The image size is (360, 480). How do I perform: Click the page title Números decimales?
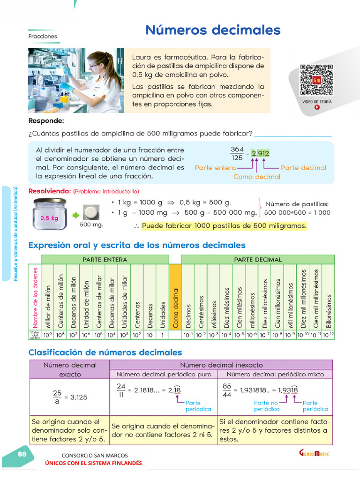click(x=213, y=30)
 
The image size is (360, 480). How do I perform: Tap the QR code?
click(x=317, y=80)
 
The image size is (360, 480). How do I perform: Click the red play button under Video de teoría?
click(x=317, y=107)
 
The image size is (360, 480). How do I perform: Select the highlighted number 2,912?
click(x=260, y=153)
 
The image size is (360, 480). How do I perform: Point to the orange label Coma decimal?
click(x=256, y=177)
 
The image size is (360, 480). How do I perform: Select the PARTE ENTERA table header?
click(x=105, y=259)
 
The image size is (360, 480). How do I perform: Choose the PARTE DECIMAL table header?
click(x=258, y=259)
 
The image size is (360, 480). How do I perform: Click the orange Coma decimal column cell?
click(x=175, y=296)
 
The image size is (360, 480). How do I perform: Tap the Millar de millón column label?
click(x=47, y=305)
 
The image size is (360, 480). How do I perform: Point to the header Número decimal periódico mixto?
click(x=275, y=374)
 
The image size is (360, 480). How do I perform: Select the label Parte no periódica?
click(x=266, y=406)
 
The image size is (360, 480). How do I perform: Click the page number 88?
click(x=22, y=454)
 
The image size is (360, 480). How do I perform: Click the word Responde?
click(x=45, y=121)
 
